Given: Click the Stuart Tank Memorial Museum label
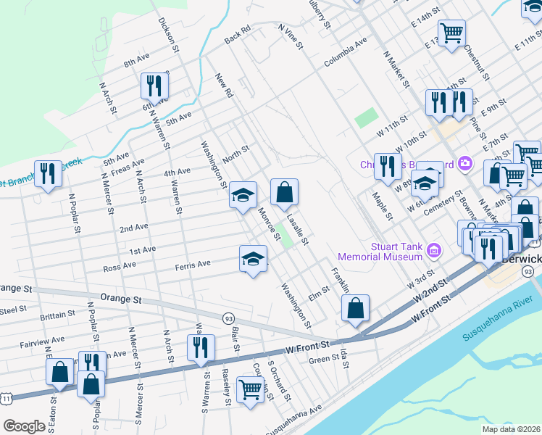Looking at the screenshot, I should [x=396, y=252].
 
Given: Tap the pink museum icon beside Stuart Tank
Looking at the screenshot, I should [x=435, y=252].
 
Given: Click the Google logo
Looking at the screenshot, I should [x=24, y=426].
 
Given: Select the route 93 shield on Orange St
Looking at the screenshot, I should [x=229, y=318].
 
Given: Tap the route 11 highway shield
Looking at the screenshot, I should [x=7, y=397].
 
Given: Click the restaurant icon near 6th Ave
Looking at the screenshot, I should [x=154, y=86].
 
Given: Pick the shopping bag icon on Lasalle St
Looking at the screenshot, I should [x=285, y=192].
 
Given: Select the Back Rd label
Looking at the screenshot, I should [x=237, y=33].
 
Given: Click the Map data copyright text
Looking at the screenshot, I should [x=510, y=429].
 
